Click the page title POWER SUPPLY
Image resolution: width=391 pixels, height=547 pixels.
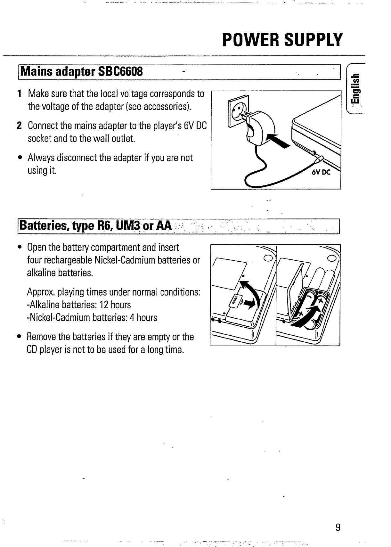point(282,40)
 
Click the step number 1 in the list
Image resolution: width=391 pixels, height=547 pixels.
point(20,94)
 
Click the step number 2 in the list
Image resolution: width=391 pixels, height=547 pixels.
point(20,126)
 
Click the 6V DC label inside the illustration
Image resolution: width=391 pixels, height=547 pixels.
point(320,173)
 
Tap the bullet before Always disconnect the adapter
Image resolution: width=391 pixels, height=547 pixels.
point(20,158)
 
